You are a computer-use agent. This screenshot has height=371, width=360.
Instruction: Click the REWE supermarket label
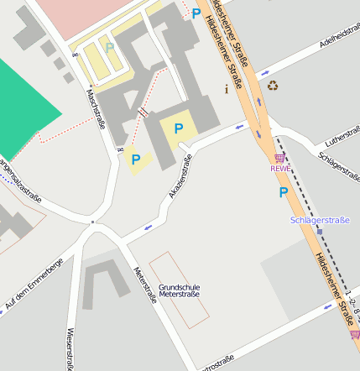(x=279, y=169)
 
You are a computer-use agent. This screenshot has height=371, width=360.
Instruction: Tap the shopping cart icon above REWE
(x=279, y=158)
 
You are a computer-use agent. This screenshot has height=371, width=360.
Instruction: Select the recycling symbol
(x=273, y=85)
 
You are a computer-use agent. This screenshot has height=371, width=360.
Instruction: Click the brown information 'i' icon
(x=225, y=88)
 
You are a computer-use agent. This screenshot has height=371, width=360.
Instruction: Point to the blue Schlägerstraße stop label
(x=318, y=220)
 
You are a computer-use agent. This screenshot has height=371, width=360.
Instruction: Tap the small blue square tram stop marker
(x=320, y=232)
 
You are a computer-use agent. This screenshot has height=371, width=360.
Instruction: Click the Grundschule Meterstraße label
(x=179, y=291)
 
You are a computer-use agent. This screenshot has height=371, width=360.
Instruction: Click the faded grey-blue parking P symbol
(x=109, y=48)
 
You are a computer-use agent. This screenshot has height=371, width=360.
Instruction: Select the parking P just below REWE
(x=284, y=192)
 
